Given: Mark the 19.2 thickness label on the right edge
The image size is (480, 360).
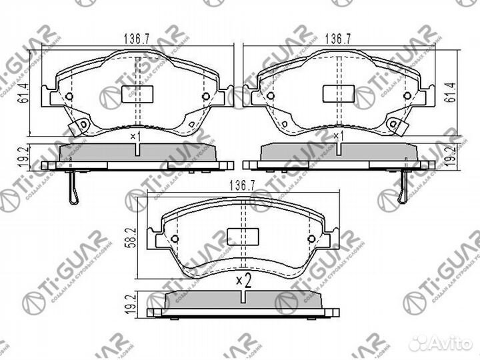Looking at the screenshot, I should [456, 156].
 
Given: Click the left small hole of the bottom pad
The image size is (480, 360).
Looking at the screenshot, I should [175, 241].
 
